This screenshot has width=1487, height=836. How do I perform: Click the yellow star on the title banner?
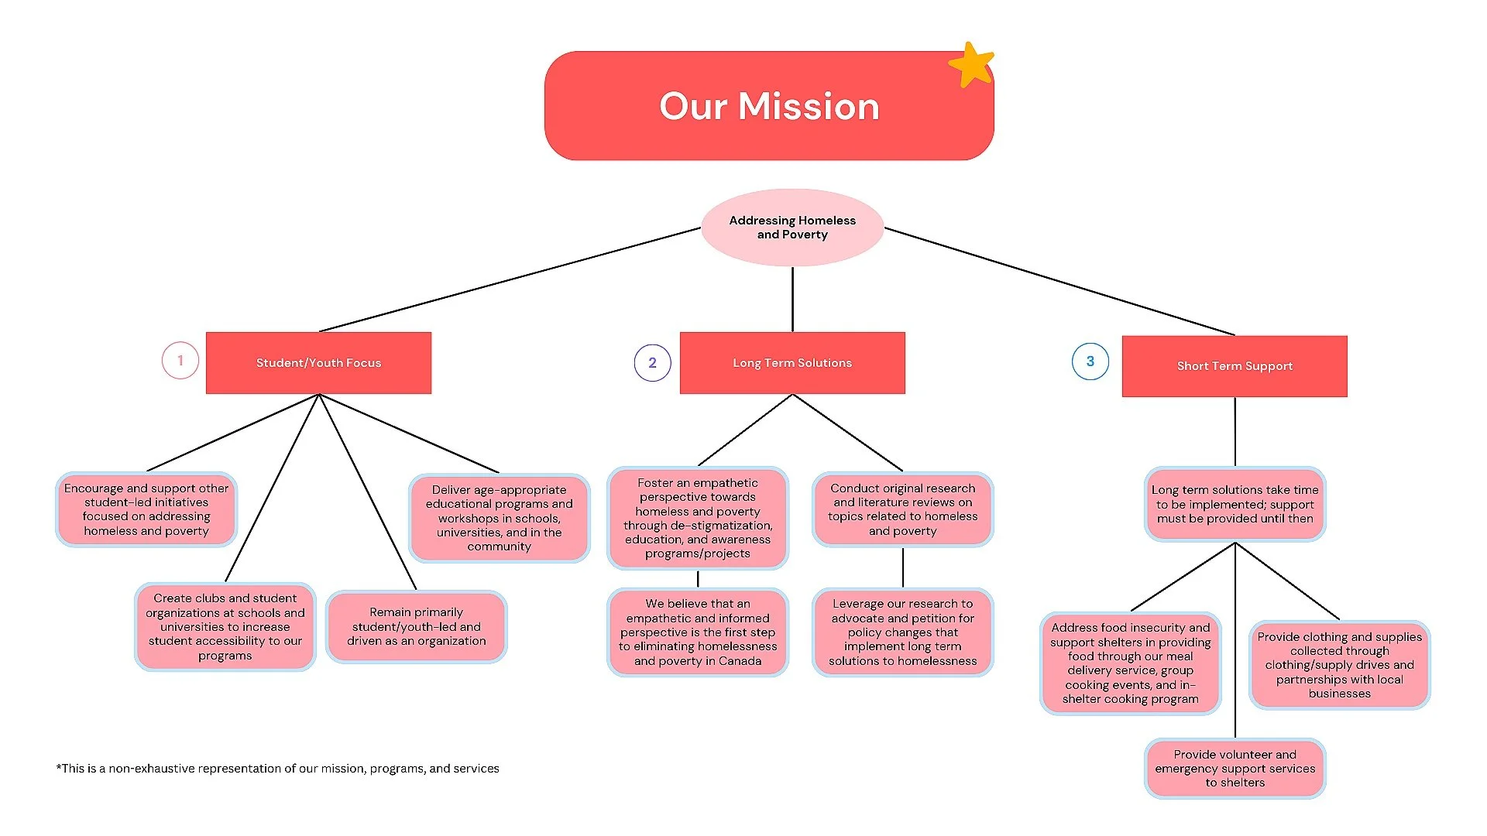971,64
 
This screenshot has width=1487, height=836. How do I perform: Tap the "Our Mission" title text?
769,106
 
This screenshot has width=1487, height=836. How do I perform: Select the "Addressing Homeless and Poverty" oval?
792,228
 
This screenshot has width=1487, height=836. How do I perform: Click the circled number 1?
180,361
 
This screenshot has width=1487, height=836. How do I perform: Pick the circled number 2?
652,363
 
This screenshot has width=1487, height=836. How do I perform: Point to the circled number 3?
1090,361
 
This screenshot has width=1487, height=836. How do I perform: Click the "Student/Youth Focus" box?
318,363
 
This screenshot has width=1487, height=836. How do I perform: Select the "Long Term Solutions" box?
792,363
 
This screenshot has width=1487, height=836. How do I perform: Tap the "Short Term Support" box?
1235,366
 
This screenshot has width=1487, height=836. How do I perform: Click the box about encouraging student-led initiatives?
146,509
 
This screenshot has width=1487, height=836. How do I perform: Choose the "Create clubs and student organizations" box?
225,627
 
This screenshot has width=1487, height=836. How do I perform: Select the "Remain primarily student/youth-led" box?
417,627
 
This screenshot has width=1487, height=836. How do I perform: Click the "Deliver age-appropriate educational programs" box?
500,518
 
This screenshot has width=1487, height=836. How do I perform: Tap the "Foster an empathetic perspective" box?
698,518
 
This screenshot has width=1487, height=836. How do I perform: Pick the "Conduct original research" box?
903,509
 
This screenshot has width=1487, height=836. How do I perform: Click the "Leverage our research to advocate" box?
903,632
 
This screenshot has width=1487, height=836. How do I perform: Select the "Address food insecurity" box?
1131,663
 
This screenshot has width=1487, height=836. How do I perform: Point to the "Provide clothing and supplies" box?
1340,665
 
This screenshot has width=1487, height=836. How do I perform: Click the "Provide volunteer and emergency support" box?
1235,769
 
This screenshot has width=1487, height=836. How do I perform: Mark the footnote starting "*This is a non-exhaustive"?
277,769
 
